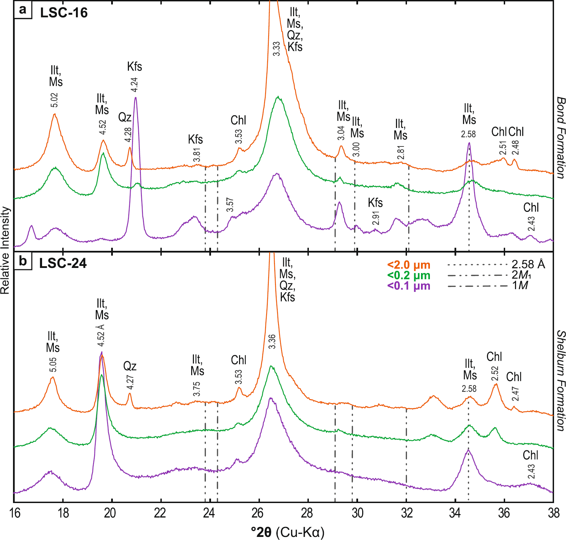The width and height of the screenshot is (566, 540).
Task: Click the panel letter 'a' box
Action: pos(23,10)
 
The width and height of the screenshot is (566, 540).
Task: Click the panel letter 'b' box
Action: pos(23,261)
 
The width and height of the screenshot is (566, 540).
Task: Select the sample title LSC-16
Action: pos(64,13)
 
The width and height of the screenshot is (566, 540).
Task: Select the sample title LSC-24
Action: pos(63,263)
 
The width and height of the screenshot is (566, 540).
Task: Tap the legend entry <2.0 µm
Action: pos(409,265)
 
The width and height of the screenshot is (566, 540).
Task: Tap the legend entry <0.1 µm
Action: pos(409,286)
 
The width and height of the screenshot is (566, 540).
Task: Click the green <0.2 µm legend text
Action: pos(409,275)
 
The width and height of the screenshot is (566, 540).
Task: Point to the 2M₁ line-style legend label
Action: pos(522,275)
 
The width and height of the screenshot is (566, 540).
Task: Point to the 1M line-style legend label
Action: pos(520,285)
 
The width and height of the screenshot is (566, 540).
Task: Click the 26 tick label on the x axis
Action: pos(258,513)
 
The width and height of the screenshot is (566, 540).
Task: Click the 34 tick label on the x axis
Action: pos(455,513)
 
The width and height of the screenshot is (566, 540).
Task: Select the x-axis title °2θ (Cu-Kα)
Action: pos(288,532)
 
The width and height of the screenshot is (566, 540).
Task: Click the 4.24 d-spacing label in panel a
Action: pos(134,85)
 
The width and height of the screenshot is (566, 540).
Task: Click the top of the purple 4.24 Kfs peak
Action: pos(136,98)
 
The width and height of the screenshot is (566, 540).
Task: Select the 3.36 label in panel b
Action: pos(272,342)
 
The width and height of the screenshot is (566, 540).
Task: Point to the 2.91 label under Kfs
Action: pos(376,218)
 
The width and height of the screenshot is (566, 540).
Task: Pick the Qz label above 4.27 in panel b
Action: pos(130,366)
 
